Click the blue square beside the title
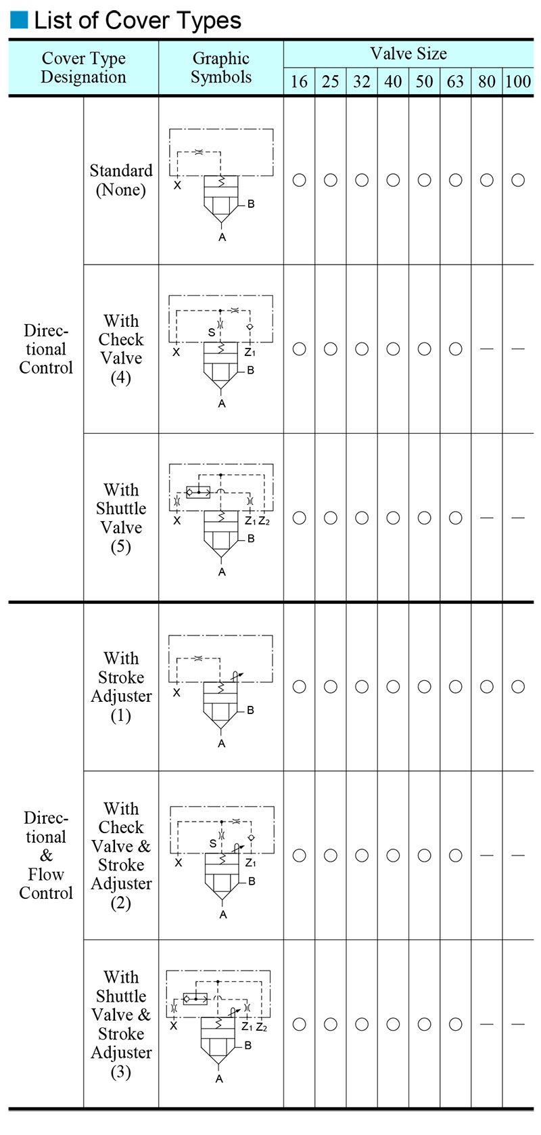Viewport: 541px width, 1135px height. click(19, 20)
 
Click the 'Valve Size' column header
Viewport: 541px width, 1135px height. click(408, 53)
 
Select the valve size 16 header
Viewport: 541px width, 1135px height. click(299, 82)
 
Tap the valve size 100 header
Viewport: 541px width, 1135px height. click(518, 82)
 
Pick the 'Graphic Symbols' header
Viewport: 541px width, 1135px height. click(220, 68)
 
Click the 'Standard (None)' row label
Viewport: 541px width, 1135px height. click(121, 180)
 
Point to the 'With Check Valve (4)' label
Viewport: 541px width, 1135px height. click(121, 349)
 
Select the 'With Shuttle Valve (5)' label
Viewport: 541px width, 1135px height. click(121, 518)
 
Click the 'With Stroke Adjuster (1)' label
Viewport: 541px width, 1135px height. click(121, 686)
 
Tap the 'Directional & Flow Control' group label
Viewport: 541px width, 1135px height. click(46, 855)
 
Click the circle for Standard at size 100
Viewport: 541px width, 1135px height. click(518, 180)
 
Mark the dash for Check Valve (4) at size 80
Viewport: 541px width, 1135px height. click(487, 349)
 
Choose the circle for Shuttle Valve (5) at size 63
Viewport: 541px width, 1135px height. click(456, 518)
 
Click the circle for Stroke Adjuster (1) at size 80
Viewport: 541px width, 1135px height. click(487, 686)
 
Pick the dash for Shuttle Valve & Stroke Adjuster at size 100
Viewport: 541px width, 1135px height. click(518, 1024)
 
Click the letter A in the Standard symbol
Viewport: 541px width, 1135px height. click(222, 238)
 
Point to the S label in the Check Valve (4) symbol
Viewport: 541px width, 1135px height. click(212, 333)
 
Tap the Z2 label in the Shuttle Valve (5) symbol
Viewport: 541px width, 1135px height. click(264, 521)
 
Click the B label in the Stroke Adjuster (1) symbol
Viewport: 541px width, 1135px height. click(250, 710)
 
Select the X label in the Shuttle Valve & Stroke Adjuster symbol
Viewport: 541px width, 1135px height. click(173, 1027)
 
